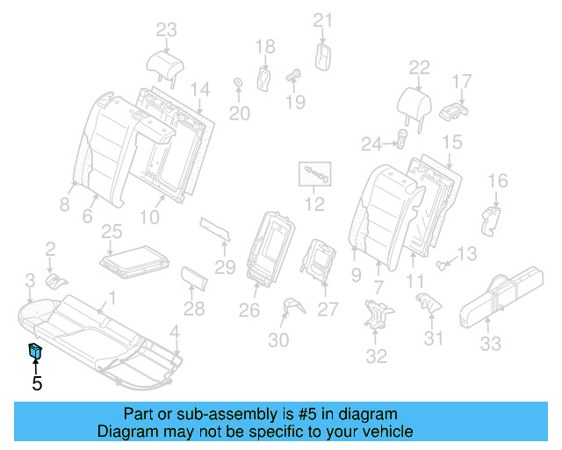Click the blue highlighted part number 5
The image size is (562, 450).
[x=35, y=352]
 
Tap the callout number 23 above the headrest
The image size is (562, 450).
[x=167, y=30]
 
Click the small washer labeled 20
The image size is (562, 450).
[x=238, y=84]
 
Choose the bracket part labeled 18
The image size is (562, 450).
[x=263, y=77]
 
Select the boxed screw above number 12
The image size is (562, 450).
[x=315, y=173]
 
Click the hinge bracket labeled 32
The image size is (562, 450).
[x=378, y=315]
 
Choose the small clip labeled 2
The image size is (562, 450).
[x=56, y=280]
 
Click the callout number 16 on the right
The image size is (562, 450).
[x=497, y=182]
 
